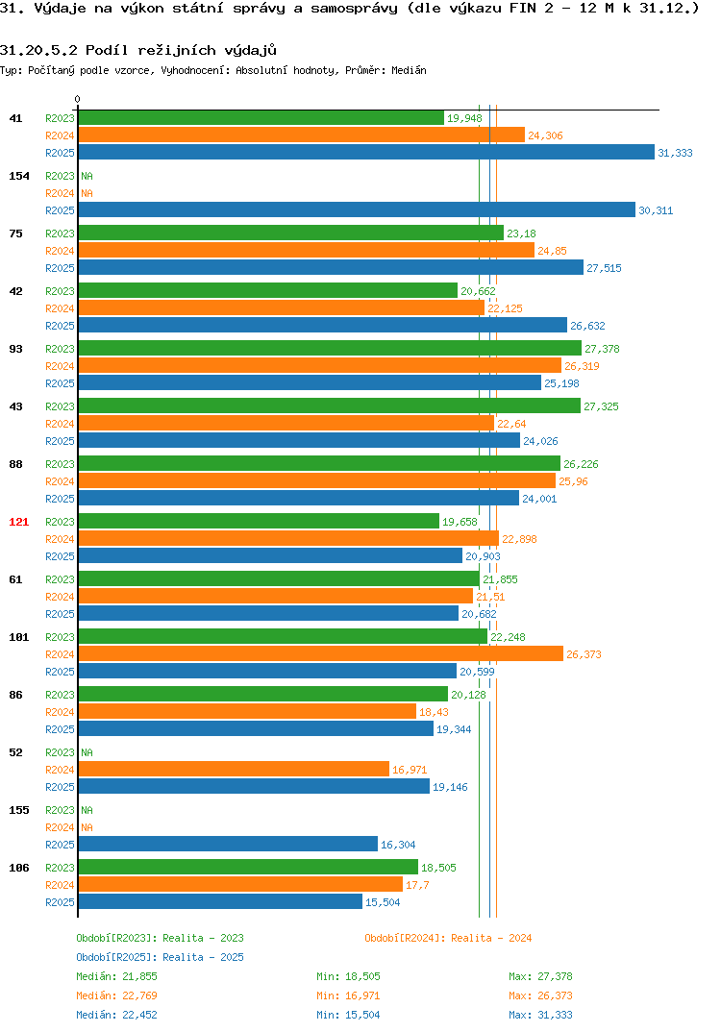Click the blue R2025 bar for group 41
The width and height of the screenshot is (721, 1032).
pos(367,152)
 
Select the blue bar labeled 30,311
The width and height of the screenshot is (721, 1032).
pos(357,209)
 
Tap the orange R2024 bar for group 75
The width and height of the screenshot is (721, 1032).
pos(307,250)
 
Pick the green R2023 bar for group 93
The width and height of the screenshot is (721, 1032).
pos(330,348)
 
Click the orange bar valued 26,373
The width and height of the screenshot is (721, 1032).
pos(321,653)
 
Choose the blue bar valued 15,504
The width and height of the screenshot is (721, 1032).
pos(220,901)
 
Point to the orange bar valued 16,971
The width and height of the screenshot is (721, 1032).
pos(234,769)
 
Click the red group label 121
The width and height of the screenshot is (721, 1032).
pos(19,522)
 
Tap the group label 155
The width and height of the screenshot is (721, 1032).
pos(19,810)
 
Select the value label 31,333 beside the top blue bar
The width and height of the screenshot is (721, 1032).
pos(675,153)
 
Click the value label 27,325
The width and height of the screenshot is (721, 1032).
pos(601,406)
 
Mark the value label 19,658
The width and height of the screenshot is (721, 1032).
pos(460,522)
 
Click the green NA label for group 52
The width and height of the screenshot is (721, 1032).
pos(87,752)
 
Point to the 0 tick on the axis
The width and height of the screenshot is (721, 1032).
pos(78,99)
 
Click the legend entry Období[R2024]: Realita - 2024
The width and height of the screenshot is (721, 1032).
pos(448,938)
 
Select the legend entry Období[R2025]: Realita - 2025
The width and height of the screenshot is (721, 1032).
pos(160,957)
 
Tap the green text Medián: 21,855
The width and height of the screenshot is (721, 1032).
pos(116,976)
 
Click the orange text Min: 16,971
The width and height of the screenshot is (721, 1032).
pos(348,995)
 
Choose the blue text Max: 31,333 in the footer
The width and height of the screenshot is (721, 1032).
pos(540,1015)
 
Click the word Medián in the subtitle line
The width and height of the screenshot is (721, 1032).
pos(409,70)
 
